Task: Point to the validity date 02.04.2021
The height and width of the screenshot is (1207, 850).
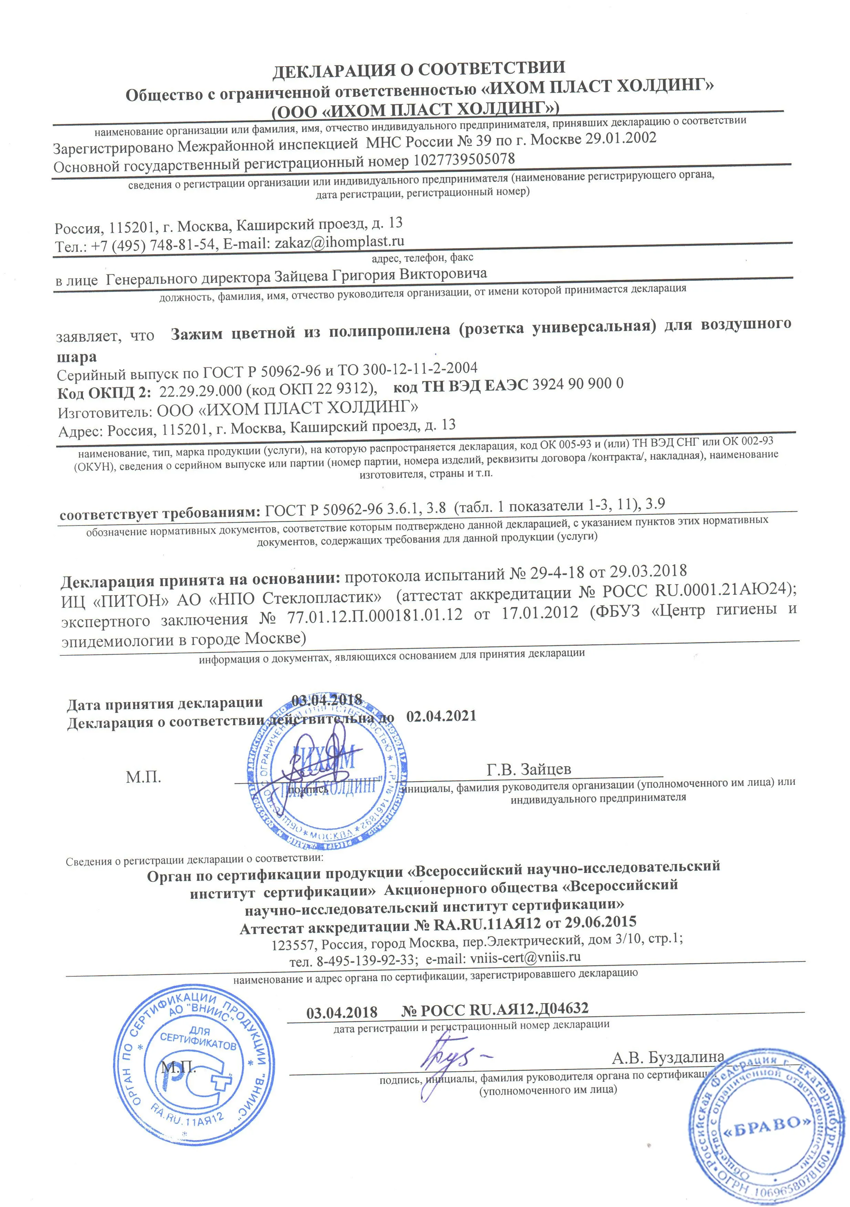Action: pos(442,716)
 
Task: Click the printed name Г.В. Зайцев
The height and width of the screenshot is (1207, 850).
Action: pos(529,769)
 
